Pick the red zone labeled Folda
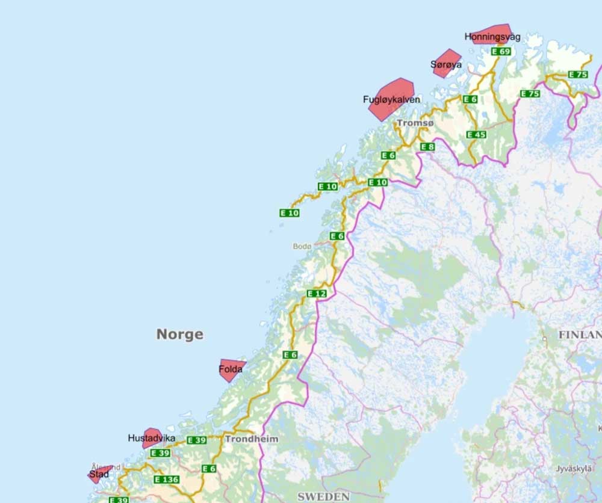click(x=231, y=369)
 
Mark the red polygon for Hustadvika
click(x=152, y=437)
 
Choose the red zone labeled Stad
click(x=98, y=474)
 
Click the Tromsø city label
click(x=415, y=123)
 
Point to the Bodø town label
click(x=302, y=246)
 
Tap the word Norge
click(x=179, y=335)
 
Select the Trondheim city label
click(x=252, y=439)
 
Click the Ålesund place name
click(x=106, y=466)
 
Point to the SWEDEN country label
click(x=323, y=496)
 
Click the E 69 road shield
click(x=500, y=52)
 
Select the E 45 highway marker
click(x=476, y=134)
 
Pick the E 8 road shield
click(x=427, y=147)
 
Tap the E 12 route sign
click(x=316, y=294)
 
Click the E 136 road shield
click(x=166, y=480)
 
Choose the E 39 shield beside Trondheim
click(x=196, y=440)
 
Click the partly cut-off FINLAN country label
click(x=580, y=335)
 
